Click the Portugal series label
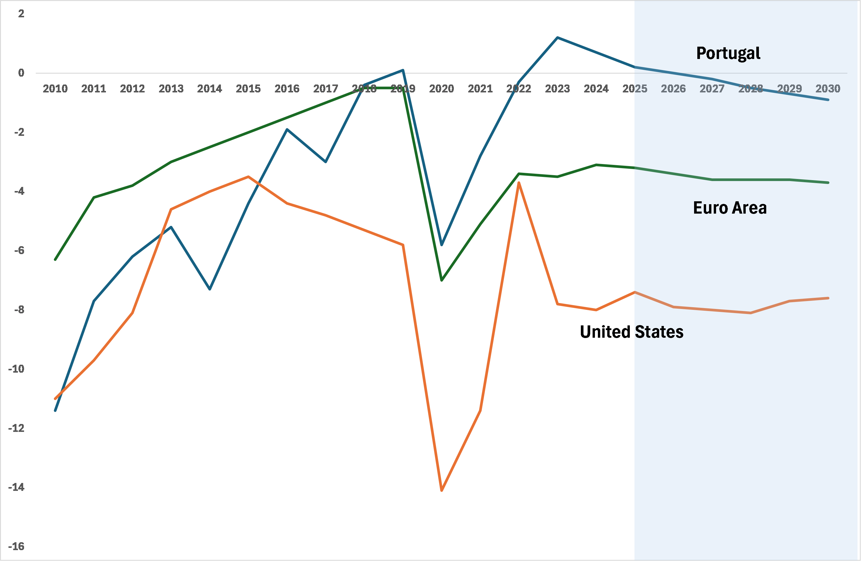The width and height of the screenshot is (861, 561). point(728,54)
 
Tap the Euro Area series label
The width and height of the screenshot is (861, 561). point(730,208)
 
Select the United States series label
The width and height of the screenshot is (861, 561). point(632,332)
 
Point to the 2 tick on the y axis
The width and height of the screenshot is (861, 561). point(21,14)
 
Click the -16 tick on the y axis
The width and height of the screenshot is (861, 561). point(16,546)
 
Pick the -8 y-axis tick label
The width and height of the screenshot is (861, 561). point(19,310)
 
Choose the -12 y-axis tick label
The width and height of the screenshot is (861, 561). point(16,428)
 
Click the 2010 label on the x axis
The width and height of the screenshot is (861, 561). point(55,89)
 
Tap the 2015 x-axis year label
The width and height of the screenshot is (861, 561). point(248,89)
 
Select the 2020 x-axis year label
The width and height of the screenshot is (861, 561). point(441,89)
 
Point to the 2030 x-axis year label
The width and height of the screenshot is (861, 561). point(828,89)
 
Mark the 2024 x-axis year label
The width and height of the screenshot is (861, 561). point(596,89)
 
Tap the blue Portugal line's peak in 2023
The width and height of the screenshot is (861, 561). point(557,38)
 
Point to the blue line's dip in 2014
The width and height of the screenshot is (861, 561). point(210,289)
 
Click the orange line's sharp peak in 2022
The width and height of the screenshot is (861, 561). point(519,183)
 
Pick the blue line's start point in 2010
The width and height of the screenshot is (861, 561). point(55,410)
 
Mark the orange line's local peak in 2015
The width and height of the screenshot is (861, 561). point(248,177)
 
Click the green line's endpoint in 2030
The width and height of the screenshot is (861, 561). point(828,183)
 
